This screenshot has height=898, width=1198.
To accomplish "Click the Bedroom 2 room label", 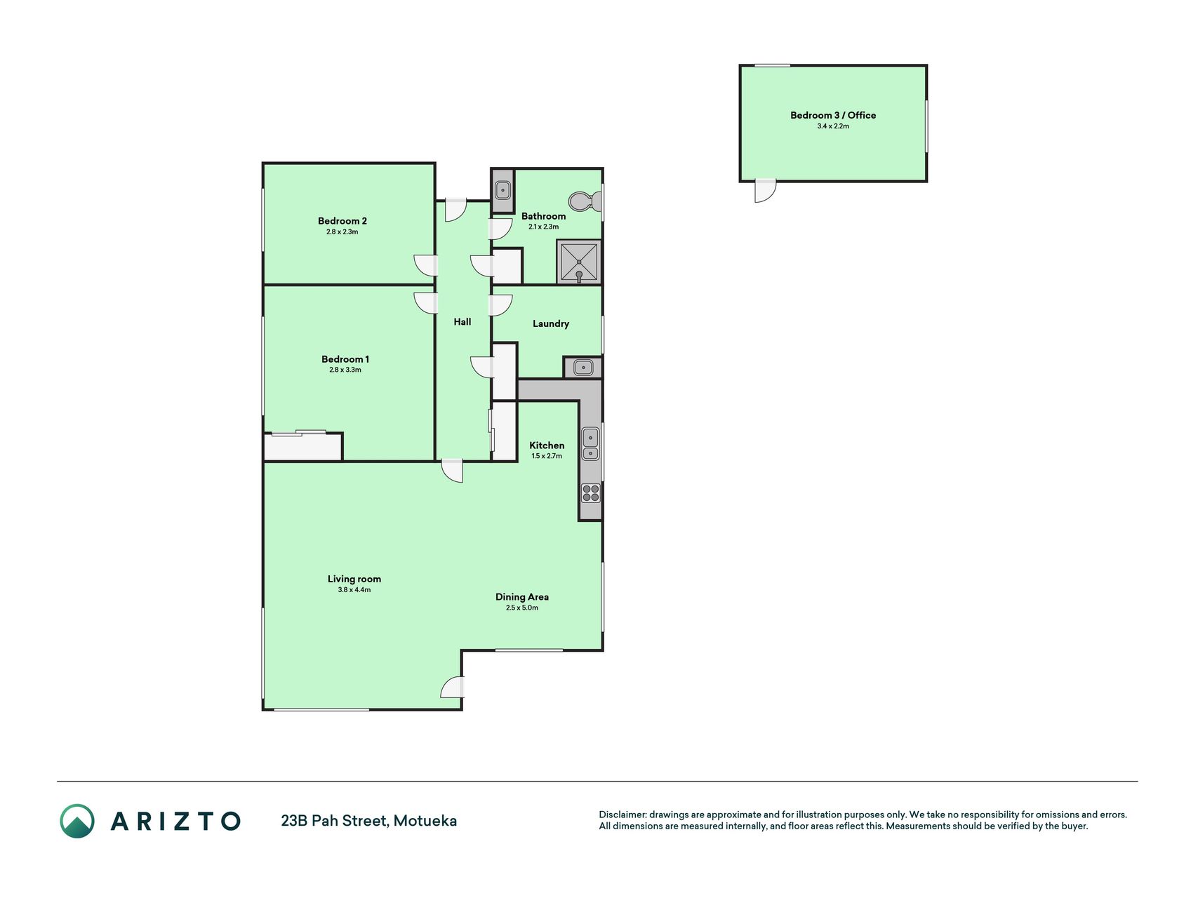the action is (342, 221).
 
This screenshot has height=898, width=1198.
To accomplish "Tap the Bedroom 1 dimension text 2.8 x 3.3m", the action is (345, 370).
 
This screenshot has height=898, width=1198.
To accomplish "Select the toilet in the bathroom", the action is (585, 201).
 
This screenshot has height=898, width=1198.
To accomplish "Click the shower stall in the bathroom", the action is (579, 262).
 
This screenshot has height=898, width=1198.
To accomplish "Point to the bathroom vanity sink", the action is (503, 190).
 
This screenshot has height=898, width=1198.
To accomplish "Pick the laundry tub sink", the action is (583, 367).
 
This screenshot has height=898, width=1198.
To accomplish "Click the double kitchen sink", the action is (591, 444).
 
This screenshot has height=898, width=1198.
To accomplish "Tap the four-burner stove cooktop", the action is (591, 493).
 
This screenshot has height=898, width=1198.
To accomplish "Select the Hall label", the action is (462, 322).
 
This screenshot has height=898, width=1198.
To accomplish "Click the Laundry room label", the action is (551, 323).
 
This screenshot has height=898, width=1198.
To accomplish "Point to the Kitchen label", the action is (547, 445).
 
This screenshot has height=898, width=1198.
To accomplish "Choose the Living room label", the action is (354, 579).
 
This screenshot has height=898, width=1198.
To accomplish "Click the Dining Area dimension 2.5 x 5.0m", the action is (522, 608).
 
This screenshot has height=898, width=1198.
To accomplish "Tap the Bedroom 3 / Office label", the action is (833, 115).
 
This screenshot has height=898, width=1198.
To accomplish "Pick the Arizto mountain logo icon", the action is (77, 821).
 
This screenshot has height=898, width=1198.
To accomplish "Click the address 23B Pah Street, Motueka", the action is (369, 821).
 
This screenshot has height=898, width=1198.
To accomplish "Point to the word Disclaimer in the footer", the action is (623, 815).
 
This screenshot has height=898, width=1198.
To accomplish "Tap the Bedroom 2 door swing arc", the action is (425, 265).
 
